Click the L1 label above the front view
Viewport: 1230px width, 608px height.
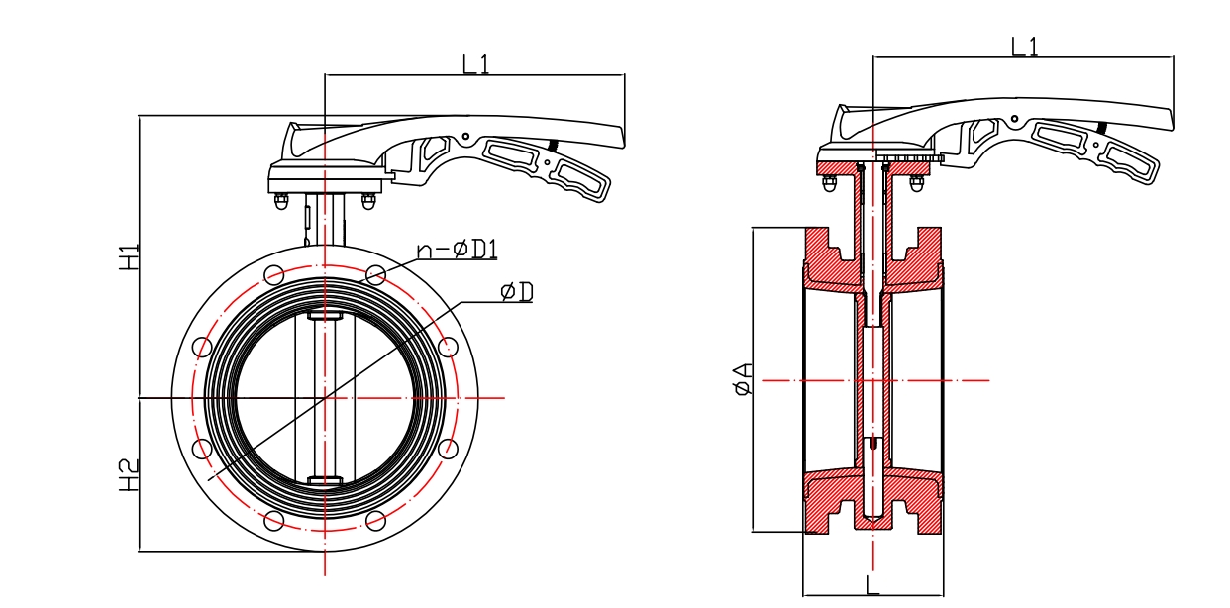475,64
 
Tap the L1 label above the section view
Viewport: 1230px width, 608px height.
1025,48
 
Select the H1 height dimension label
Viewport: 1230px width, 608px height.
129,257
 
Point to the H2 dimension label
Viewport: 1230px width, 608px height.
129,475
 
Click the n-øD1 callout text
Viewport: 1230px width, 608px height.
458,250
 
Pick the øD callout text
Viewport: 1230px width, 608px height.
517,292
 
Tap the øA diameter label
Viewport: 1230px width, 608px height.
743,378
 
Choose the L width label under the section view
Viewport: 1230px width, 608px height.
872,585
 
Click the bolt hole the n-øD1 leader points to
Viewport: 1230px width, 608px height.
375,275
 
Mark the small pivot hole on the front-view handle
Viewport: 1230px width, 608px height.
465,136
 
